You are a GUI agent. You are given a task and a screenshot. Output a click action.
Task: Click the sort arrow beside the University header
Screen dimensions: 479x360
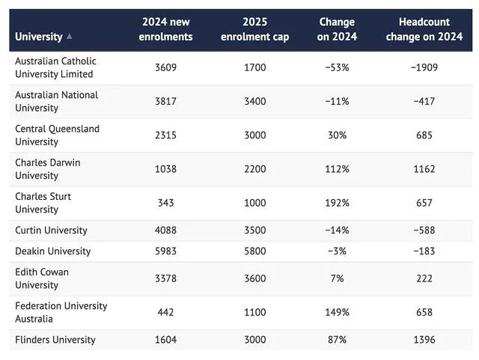70,37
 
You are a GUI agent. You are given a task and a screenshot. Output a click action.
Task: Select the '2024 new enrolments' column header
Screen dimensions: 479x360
165,29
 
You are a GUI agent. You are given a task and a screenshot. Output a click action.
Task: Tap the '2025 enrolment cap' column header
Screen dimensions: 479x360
254,29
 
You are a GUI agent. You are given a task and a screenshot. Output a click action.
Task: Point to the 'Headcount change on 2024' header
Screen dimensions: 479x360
424,29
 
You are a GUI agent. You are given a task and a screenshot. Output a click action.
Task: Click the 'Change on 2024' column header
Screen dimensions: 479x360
337,29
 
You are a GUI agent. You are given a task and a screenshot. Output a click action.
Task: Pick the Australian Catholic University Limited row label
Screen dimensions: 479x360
55,67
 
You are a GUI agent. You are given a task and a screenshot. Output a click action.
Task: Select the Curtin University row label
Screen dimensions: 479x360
51,230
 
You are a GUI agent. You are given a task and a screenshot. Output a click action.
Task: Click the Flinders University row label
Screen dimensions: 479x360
55,340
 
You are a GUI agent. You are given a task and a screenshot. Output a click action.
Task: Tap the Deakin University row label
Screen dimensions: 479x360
53,251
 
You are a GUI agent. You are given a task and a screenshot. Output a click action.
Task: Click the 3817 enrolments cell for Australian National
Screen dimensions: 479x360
165,101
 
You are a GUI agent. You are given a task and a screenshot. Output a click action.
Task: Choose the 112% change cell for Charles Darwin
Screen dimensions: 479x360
337,169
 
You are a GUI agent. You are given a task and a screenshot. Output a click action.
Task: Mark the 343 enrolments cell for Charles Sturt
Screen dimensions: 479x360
165,203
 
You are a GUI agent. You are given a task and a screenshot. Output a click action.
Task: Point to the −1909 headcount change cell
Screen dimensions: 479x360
424,67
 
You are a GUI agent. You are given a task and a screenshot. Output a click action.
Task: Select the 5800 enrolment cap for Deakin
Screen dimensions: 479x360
254,251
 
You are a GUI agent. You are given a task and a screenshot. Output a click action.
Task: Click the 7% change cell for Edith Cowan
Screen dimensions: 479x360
337,278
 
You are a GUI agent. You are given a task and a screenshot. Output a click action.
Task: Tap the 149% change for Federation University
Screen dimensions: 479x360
337,312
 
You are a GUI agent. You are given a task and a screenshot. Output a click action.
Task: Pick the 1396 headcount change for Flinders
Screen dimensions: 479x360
424,340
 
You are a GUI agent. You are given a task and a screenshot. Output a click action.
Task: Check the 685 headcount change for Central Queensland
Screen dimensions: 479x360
424,135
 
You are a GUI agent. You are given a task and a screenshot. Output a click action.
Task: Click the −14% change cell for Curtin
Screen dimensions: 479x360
337,230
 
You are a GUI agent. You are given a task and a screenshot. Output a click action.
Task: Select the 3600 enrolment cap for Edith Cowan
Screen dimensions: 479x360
254,278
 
